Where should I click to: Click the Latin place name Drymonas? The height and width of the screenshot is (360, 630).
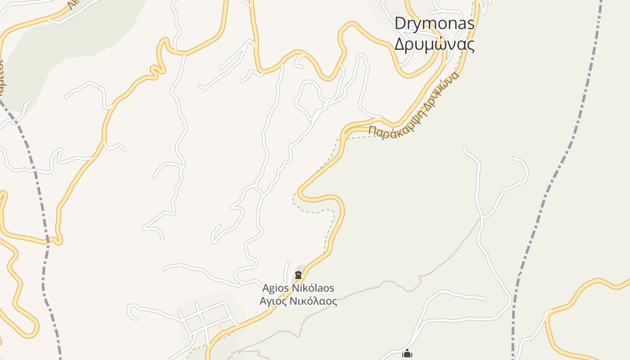pyautogui.click(x=434, y=23)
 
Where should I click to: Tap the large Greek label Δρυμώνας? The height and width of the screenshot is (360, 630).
pyautogui.click(x=434, y=44)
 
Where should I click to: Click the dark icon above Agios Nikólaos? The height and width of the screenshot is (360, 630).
pyautogui.click(x=298, y=275)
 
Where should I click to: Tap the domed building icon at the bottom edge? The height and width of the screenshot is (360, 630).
pyautogui.click(x=407, y=355)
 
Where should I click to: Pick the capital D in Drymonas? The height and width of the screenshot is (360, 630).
pyautogui.click(x=400, y=23)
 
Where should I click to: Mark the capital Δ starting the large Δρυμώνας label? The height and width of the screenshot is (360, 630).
pyautogui.click(x=400, y=44)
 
